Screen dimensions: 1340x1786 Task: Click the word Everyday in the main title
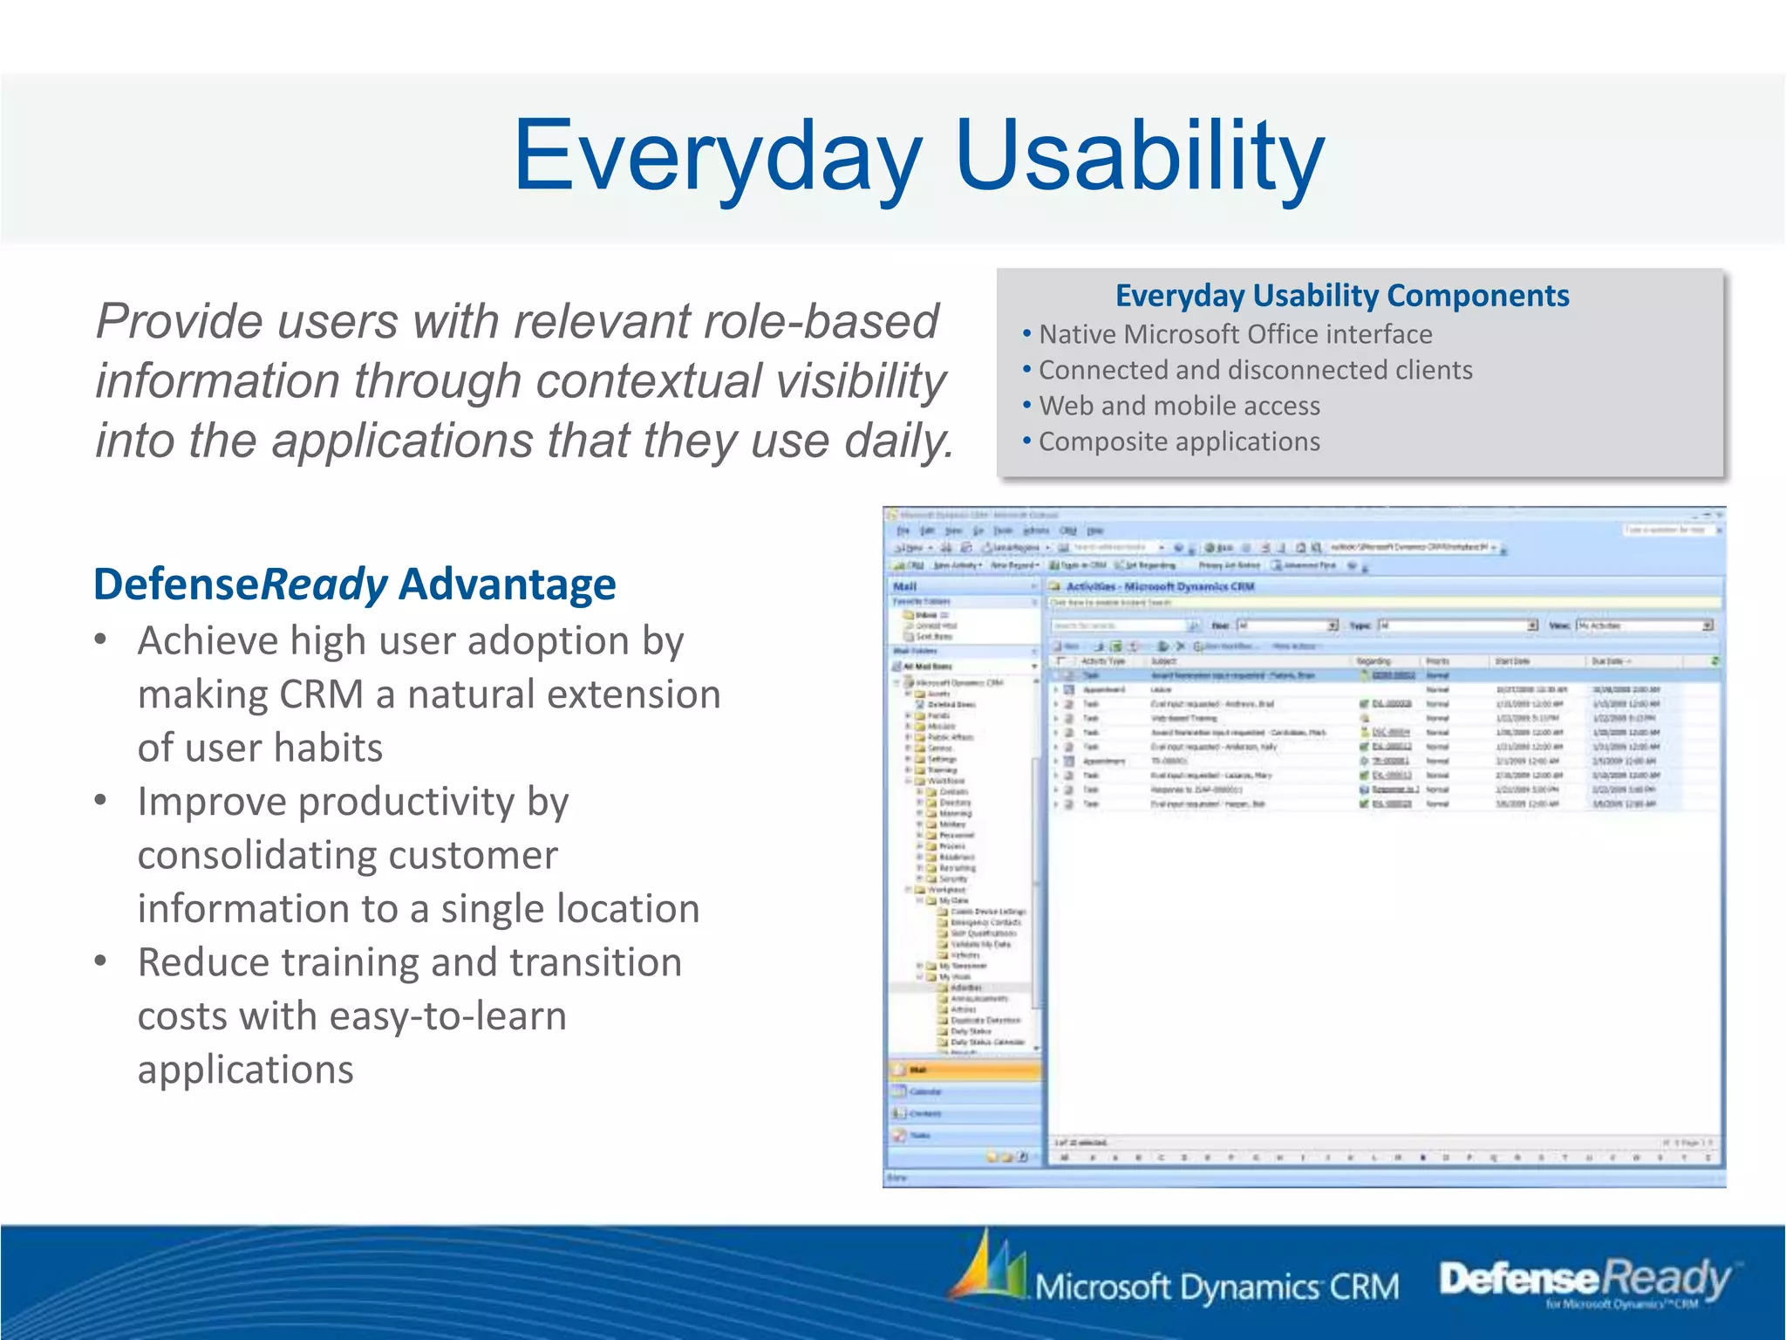pyautogui.click(x=717, y=157)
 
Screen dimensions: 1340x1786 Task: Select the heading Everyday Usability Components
pyautogui.click(x=1342, y=296)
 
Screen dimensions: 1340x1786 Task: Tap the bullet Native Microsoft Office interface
pyautogui.click(x=1235, y=334)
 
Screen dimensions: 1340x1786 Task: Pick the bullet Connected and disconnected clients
pyautogui.click(x=1255, y=370)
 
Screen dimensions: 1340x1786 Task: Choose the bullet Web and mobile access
pyautogui.click(x=1179, y=406)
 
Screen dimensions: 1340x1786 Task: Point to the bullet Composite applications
pyautogui.click(x=1179, y=441)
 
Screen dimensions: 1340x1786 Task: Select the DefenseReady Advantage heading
pyautogui.click(x=355, y=585)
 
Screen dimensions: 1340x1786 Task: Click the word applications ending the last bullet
pyautogui.click(x=246, y=1070)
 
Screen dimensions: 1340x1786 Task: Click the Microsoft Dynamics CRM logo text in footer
pyautogui.click(x=1217, y=1288)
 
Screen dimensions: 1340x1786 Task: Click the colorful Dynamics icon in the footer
pyautogui.click(x=990, y=1267)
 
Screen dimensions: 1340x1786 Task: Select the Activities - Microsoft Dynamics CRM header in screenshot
pyautogui.click(x=1160, y=587)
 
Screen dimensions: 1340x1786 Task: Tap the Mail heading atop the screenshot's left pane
pyautogui.click(x=905, y=587)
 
